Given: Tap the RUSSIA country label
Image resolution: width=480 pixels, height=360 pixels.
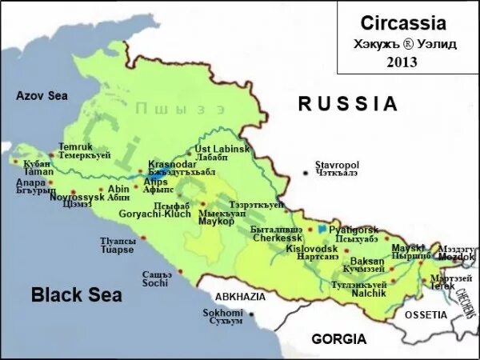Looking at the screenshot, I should [347, 103].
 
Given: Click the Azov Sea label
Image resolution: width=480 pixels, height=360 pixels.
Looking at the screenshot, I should [42, 96].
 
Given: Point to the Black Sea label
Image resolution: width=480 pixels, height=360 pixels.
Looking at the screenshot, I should [76, 295].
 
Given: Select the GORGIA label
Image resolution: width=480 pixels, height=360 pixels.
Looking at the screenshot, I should [339, 338].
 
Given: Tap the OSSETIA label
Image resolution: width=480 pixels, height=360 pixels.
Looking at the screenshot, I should [426, 314].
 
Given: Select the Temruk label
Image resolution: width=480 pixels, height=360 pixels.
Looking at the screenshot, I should [76, 147].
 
